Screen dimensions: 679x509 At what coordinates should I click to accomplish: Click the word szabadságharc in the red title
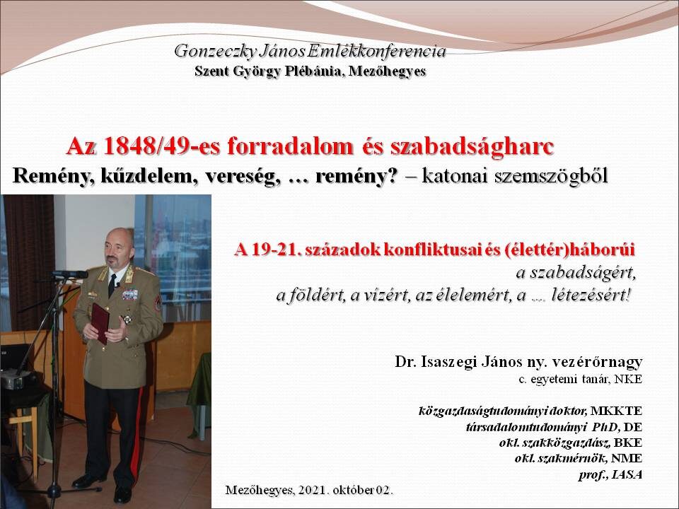[x=472, y=147]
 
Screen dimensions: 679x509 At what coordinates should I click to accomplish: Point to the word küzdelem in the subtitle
[x=148, y=176]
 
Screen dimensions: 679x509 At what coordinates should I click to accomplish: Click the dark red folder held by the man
[x=100, y=322]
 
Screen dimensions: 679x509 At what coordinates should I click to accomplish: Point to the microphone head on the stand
[x=70, y=274]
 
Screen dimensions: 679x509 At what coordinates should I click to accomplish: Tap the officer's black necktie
[x=112, y=285]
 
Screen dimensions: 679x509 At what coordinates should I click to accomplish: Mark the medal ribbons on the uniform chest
[x=130, y=295]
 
